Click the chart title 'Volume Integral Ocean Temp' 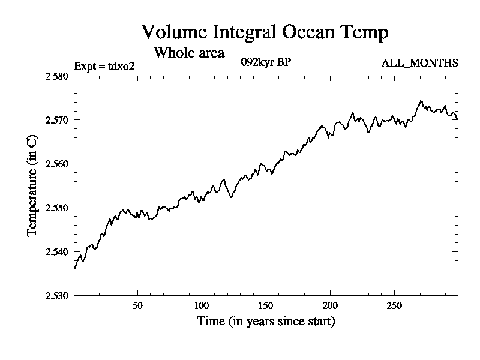coord(265,32)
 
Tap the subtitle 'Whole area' coord(189,52)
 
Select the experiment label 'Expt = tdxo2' coord(104,66)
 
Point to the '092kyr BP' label coord(266,62)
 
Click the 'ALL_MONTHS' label coord(419,63)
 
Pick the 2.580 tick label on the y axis coord(56,76)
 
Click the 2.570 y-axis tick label coord(56,120)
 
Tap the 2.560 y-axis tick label coord(56,164)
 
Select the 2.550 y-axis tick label coord(56,208)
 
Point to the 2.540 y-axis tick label coord(56,251)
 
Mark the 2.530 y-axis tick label coord(56,296)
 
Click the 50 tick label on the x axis coord(138,305)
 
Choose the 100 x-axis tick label coord(202,305)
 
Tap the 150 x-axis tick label coord(266,305)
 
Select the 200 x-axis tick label coord(330,305)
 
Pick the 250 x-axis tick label coord(394,305)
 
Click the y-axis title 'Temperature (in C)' coord(32,186)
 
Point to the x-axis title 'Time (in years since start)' coord(266,321)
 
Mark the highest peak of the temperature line coord(421,101)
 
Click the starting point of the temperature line coord(74,269)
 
